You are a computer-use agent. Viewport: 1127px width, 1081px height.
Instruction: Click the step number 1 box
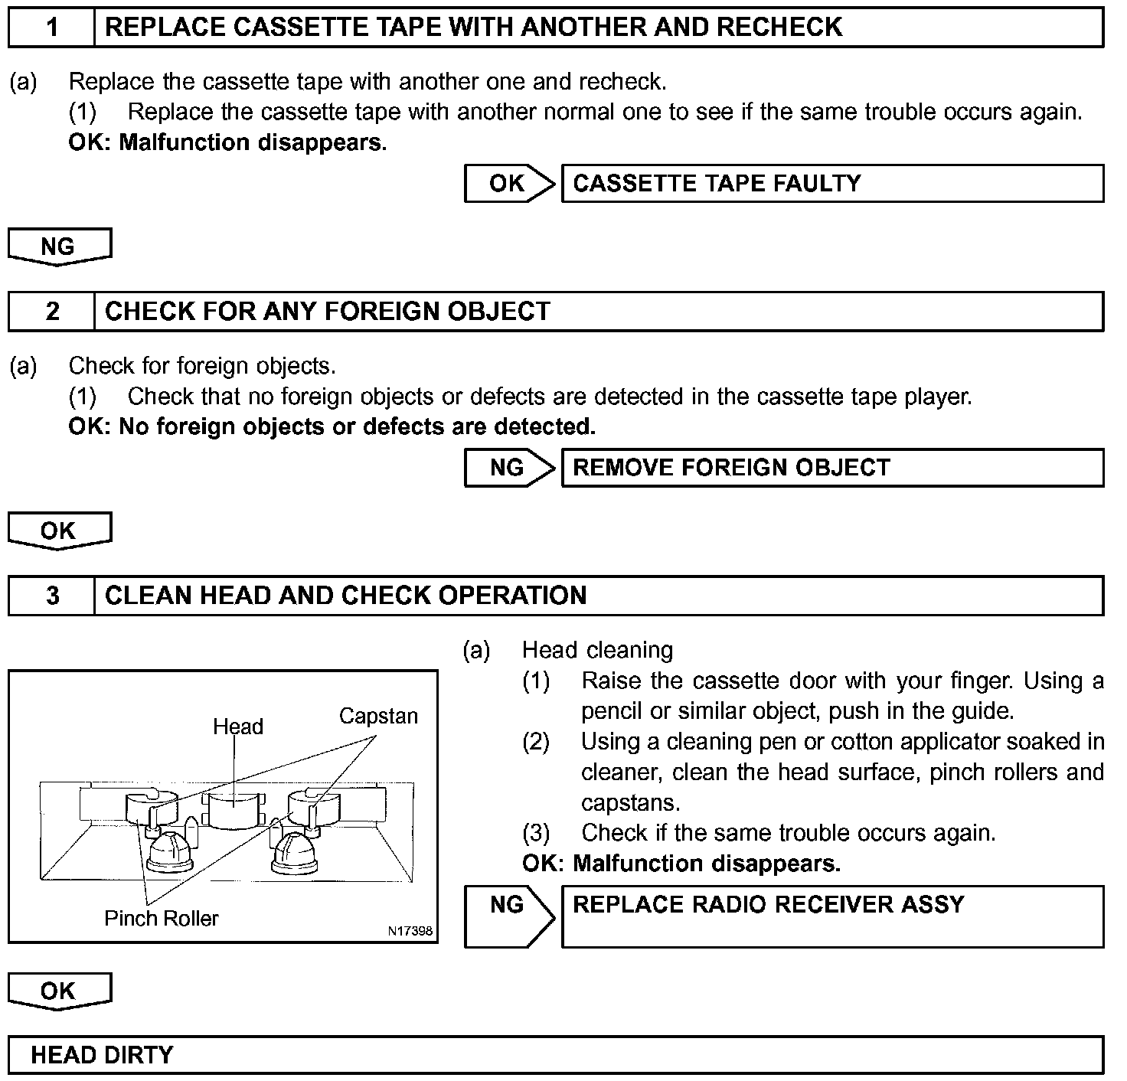coord(51,28)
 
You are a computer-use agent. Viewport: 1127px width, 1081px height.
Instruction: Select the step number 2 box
coord(51,312)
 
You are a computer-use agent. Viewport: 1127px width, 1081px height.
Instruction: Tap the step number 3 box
coord(51,596)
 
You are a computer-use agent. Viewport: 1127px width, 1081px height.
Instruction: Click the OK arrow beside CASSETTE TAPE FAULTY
coord(509,184)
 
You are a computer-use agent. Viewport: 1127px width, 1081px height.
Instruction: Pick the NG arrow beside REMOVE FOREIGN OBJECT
coord(509,468)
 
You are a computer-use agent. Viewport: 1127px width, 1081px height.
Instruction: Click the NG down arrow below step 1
coord(59,247)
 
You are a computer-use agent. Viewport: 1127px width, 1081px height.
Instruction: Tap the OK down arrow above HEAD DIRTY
coord(59,991)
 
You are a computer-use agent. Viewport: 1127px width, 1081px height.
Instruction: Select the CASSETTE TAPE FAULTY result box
coord(832,184)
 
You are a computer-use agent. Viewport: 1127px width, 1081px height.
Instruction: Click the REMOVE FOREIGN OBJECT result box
coord(832,468)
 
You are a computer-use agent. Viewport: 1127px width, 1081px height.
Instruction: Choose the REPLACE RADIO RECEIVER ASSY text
coord(768,905)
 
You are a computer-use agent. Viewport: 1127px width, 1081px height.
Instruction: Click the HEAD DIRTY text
coord(102,1055)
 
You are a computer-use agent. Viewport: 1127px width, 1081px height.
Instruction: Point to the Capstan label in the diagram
coord(378,717)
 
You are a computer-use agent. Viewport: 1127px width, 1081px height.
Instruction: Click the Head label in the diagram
coord(237,727)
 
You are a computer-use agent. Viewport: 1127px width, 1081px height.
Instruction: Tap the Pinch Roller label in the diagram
coord(162,919)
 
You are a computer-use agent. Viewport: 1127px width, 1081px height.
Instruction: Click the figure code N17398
coord(410,932)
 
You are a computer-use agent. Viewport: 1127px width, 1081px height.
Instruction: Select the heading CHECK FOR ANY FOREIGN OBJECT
coord(327,312)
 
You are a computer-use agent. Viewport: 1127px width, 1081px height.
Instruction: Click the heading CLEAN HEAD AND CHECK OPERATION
coord(345,596)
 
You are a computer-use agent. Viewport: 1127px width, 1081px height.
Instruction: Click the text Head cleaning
coord(597,651)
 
